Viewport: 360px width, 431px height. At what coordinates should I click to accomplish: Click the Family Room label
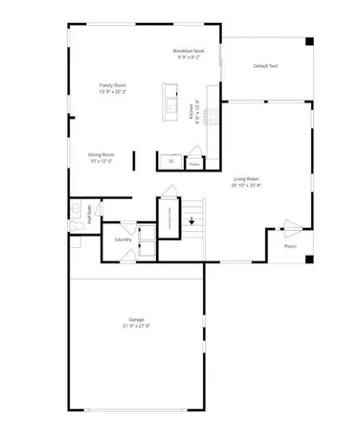pos(111,84)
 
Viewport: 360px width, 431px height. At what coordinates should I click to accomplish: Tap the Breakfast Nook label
pos(188,50)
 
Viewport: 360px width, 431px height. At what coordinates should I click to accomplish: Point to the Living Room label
pos(247,178)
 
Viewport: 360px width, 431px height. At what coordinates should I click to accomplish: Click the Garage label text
pos(137,320)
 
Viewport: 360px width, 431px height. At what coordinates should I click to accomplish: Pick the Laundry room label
pos(123,239)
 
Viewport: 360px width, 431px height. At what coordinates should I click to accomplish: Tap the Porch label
pos(291,246)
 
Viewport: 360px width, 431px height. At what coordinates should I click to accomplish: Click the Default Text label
pos(266,66)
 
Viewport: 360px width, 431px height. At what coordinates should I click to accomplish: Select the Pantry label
pos(194,165)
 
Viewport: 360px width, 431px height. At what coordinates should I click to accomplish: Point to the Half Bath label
pos(89,215)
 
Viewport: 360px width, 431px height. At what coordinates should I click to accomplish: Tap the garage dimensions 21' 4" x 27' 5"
pos(137,327)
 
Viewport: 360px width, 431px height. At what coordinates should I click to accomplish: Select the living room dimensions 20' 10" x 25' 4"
pos(247,185)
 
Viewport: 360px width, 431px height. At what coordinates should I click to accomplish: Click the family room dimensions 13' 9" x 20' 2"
pos(111,91)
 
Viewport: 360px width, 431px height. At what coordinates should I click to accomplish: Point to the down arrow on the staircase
pos(191,221)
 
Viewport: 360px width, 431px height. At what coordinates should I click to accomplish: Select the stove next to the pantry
pos(173,161)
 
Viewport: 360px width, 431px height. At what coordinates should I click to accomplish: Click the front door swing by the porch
pos(292,227)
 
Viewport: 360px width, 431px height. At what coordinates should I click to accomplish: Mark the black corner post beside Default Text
pos(308,41)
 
